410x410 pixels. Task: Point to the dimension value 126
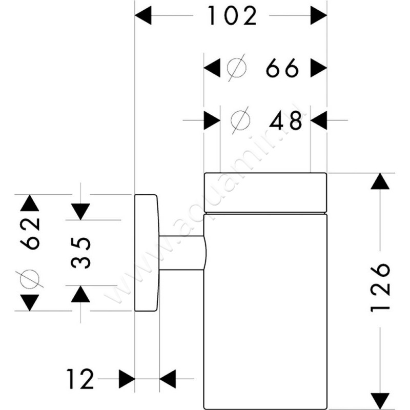click(380, 288)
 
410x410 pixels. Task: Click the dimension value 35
click(80, 252)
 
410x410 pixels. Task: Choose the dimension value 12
click(81, 380)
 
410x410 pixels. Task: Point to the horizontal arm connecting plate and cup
click(182, 252)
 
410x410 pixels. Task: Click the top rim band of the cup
click(264, 192)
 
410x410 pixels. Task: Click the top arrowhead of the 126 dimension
click(380, 181)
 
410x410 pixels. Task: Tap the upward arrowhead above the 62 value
click(29, 203)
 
